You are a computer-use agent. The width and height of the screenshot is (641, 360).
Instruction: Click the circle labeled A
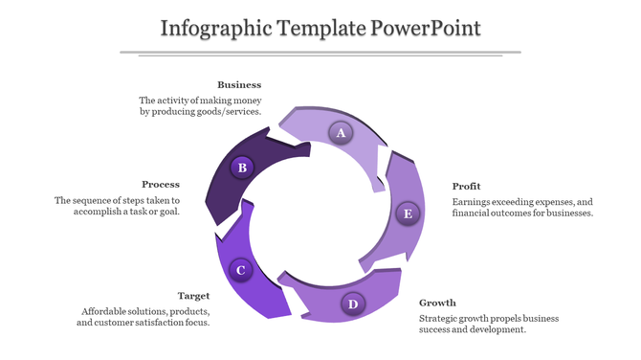[x=340, y=132]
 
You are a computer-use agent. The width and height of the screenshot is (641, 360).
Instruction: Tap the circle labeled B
[x=243, y=168]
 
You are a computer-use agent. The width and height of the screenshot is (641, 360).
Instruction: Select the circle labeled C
[x=241, y=270]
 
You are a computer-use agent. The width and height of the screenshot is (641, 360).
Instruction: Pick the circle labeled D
[x=353, y=304]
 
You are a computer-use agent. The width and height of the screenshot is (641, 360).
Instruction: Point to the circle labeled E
[x=409, y=213]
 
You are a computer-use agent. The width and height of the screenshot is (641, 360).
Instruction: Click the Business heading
[x=239, y=85]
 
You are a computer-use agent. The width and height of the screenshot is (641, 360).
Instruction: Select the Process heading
[x=161, y=184]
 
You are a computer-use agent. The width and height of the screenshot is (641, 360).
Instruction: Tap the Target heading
[x=194, y=296]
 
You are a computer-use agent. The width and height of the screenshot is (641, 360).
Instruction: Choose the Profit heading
[x=467, y=186]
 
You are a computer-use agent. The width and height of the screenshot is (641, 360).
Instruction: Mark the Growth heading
[x=437, y=303]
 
